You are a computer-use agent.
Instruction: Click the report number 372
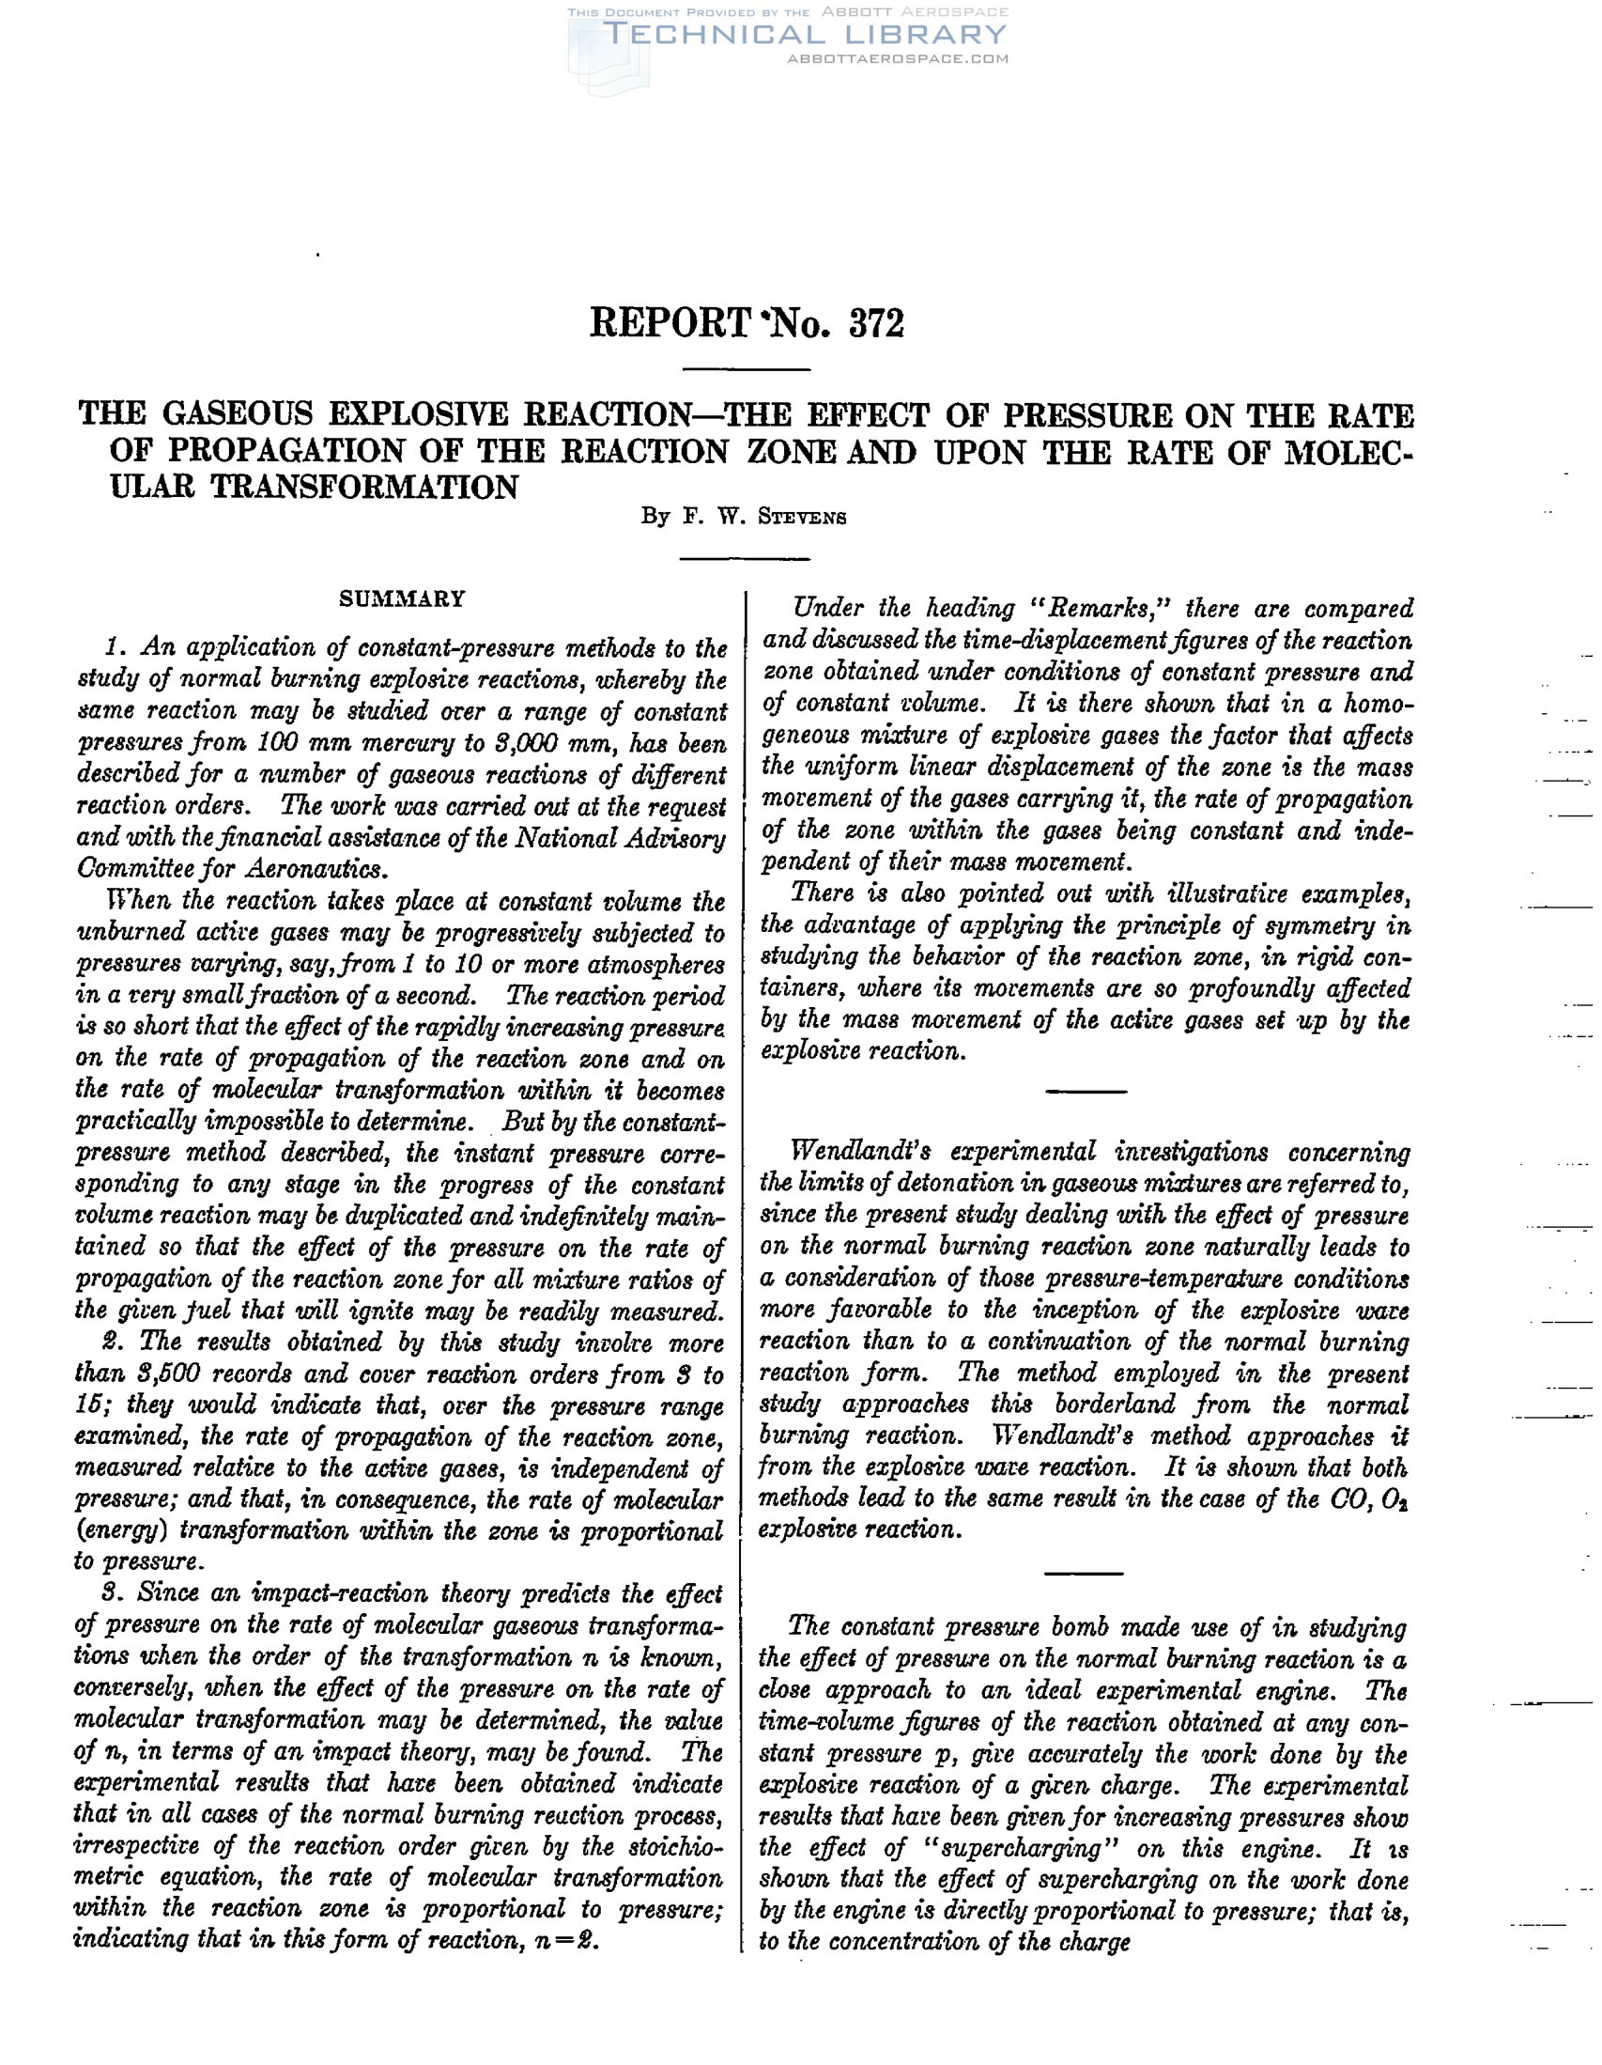pos(876,323)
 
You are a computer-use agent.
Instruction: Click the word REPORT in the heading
pos(670,323)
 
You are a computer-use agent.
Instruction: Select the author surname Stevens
pos(803,519)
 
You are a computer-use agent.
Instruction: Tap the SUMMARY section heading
pos(403,599)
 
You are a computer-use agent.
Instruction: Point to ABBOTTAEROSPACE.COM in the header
pos(898,58)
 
